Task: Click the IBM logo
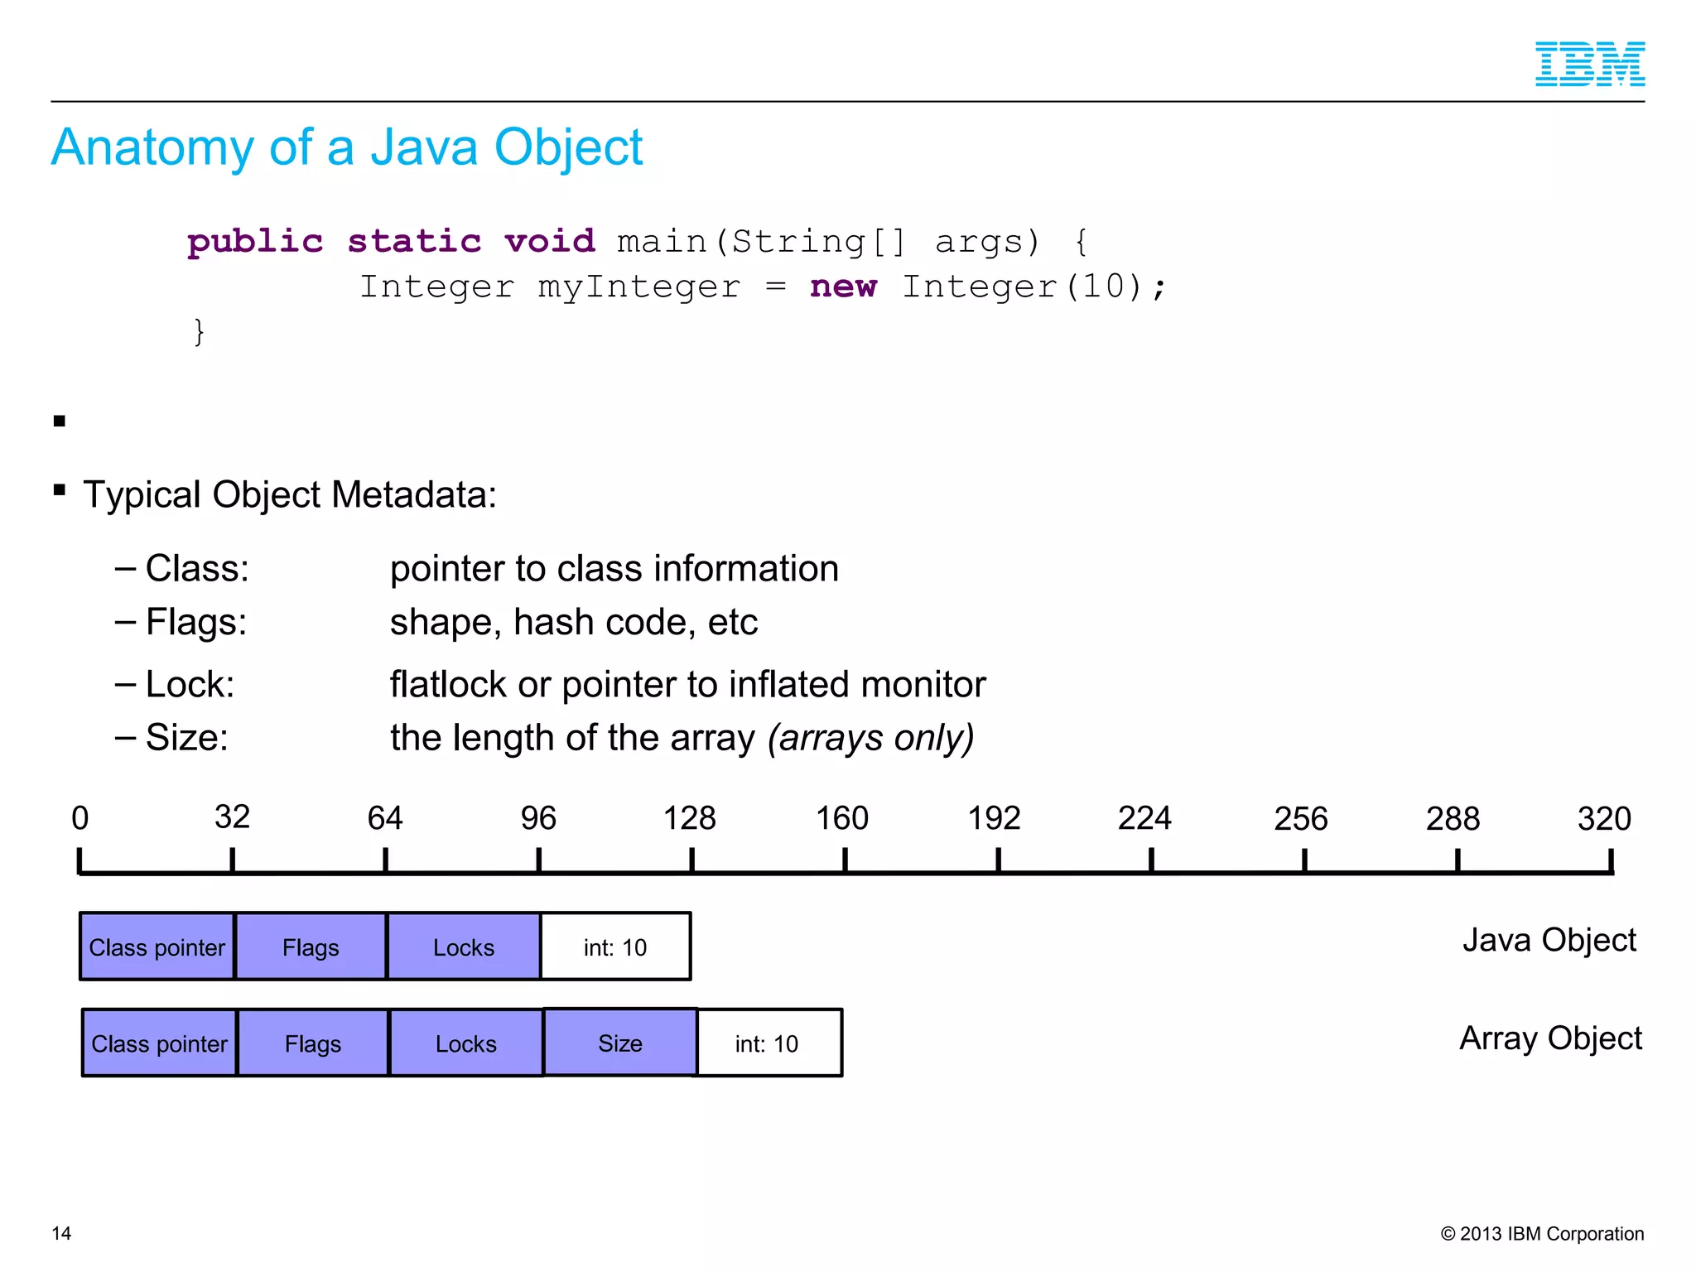point(1589,64)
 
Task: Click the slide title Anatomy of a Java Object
point(347,147)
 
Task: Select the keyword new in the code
point(843,287)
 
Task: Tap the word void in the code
point(550,242)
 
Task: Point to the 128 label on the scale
point(689,818)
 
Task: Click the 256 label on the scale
point(1300,818)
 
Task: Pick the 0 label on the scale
point(79,818)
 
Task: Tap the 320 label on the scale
point(1604,818)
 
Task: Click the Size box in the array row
point(620,1043)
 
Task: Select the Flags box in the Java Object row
point(311,947)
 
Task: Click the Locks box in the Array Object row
point(466,1043)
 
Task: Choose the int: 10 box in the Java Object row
point(615,947)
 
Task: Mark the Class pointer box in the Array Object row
point(159,1043)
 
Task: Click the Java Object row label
point(1549,940)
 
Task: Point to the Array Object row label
point(1550,1038)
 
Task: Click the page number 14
point(61,1233)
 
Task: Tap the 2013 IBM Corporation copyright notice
point(1542,1233)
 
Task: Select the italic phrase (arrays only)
point(870,737)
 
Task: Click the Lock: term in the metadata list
point(190,684)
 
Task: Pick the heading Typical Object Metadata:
point(290,494)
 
